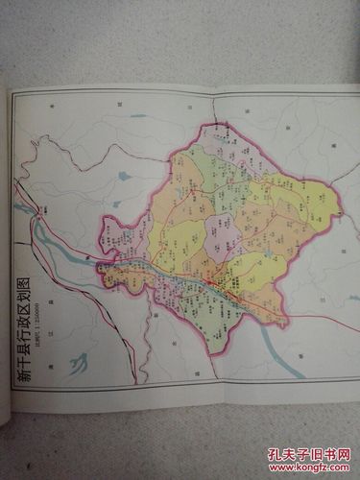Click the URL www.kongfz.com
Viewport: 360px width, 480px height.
click(x=308, y=468)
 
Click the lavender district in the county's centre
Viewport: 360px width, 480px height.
click(x=219, y=233)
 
